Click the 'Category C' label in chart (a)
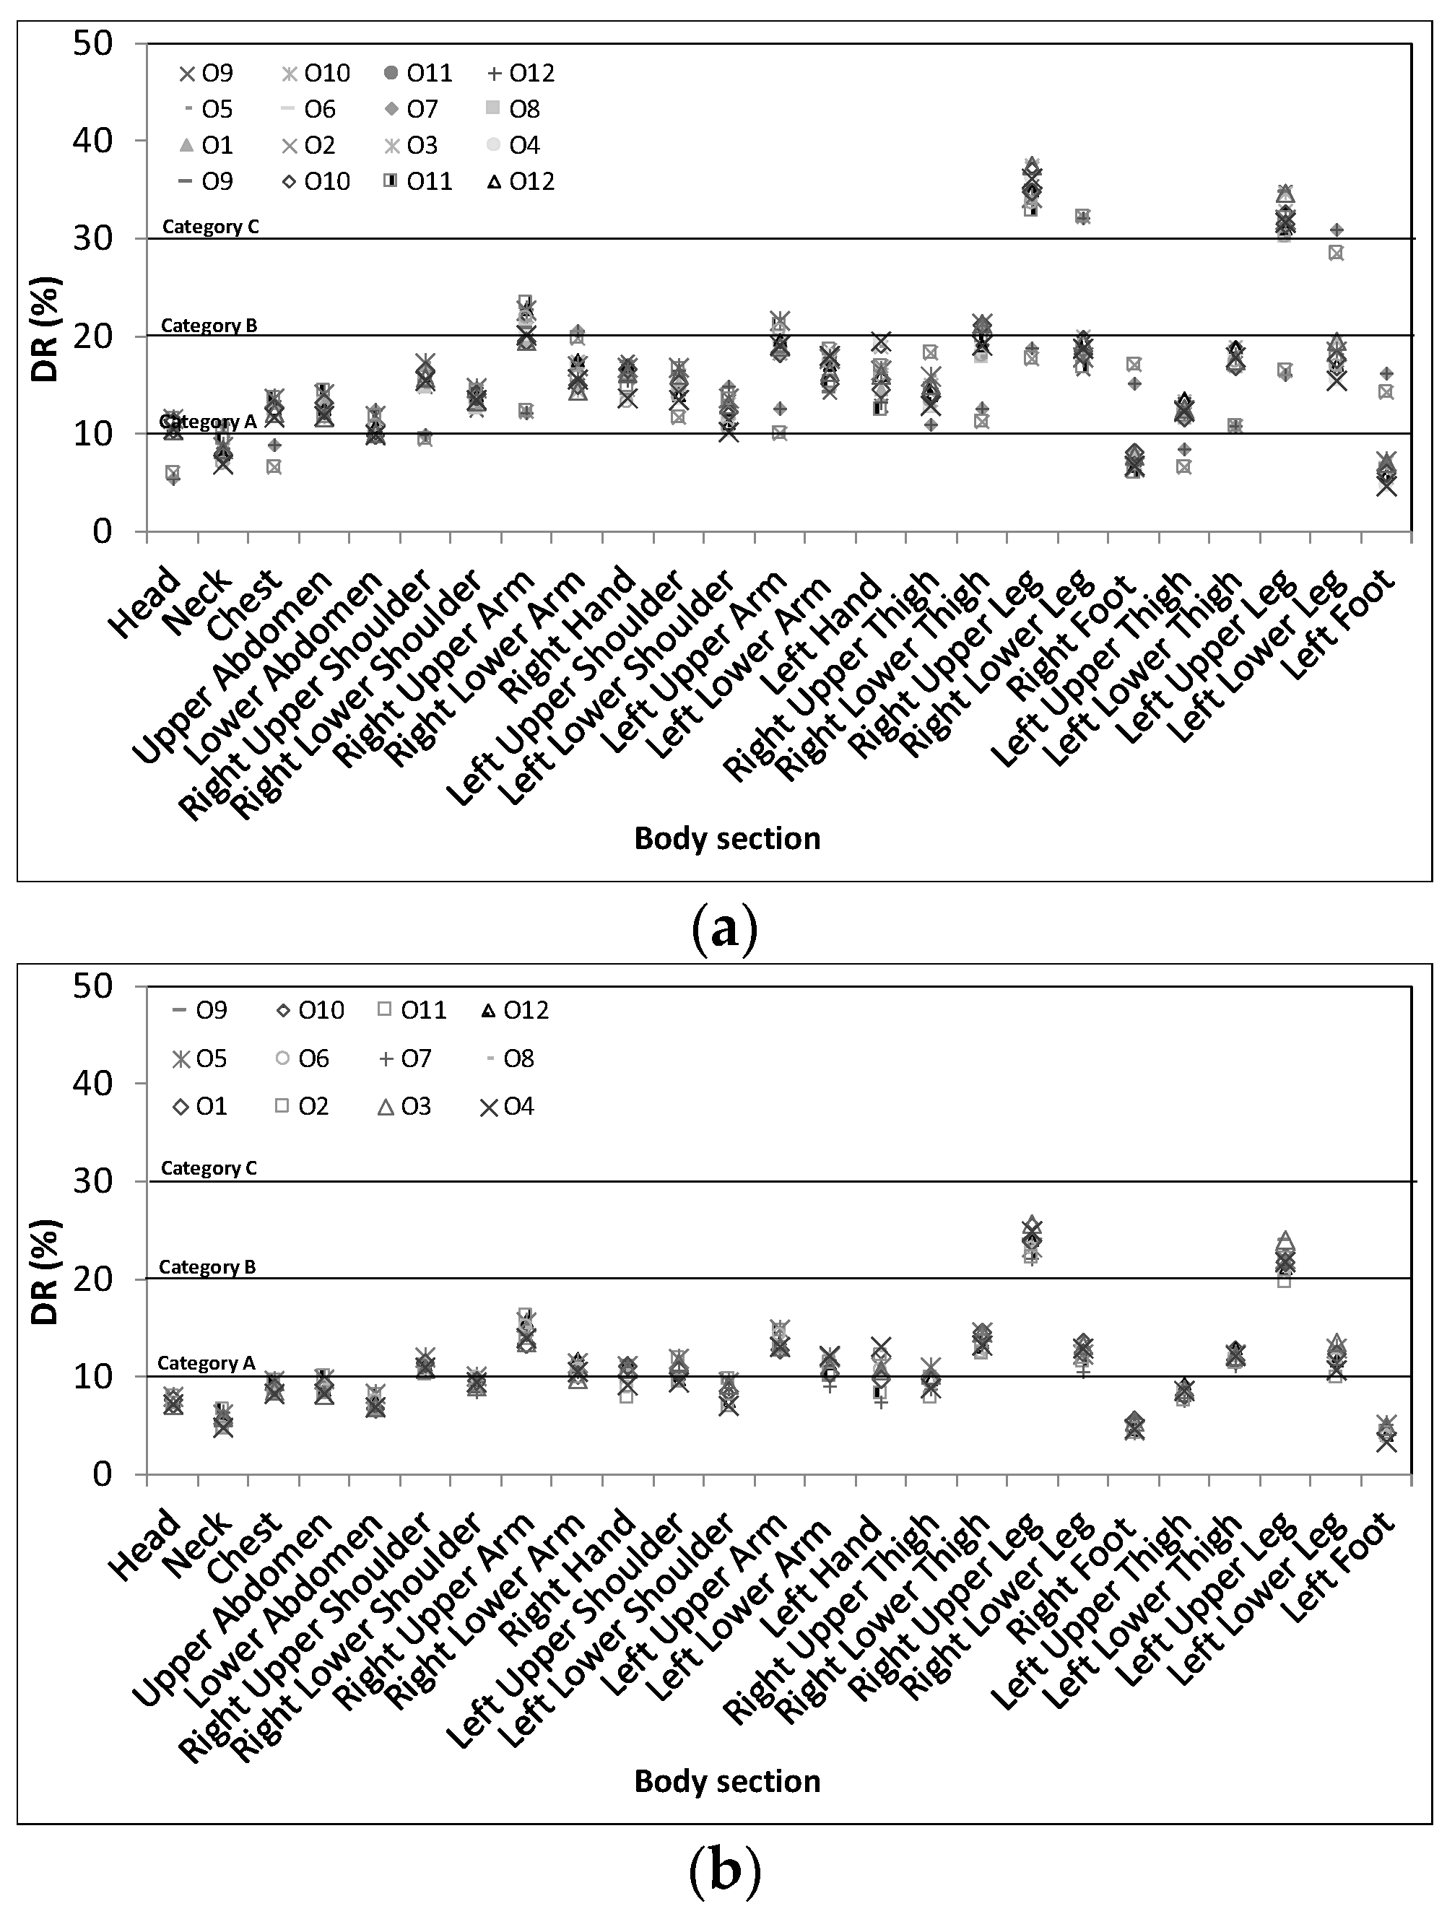pyautogui.click(x=210, y=227)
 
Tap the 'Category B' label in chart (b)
pyautogui.click(x=208, y=1267)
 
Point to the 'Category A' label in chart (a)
pyautogui.click(x=209, y=422)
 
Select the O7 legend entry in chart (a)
pyautogui.click(x=410, y=109)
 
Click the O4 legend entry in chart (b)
pyautogui.click(x=507, y=1107)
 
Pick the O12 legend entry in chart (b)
pyautogui.click(x=514, y=1011)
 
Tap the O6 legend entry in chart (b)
pyautogui.click(x=304, y=1059)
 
